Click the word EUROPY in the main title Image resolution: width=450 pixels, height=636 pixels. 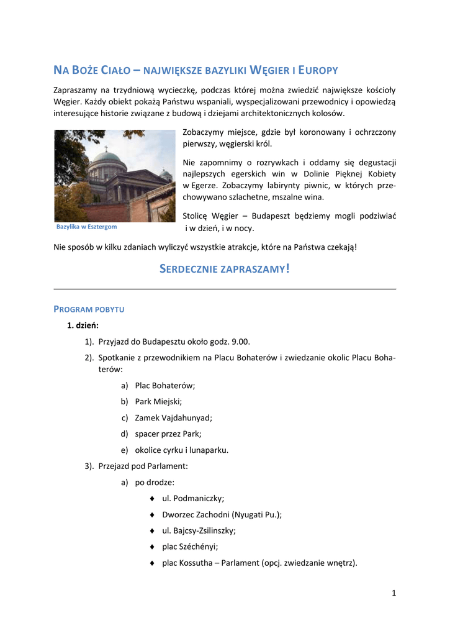318,70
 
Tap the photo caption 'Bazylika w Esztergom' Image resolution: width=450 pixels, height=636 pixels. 86,227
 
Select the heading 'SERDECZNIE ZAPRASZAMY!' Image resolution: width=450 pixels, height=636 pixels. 225,269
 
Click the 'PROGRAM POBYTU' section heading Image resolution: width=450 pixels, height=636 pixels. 89,309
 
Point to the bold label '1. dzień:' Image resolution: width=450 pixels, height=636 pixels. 83,325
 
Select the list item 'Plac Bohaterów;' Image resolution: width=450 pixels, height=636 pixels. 164,385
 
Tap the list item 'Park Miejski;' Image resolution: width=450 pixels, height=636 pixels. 158,401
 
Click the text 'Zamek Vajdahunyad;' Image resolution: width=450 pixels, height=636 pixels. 173,417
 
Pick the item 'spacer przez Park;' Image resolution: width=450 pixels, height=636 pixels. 168,434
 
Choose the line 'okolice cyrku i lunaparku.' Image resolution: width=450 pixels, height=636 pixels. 181,450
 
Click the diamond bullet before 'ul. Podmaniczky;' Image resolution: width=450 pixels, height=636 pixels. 152,499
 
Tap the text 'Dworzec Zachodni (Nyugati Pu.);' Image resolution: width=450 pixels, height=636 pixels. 222,514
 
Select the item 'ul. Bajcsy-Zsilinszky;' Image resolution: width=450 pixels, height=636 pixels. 199,530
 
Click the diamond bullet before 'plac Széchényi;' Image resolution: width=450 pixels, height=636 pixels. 152,547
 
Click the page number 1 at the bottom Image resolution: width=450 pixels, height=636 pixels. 394,593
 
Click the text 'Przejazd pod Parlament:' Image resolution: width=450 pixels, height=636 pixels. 143,466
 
